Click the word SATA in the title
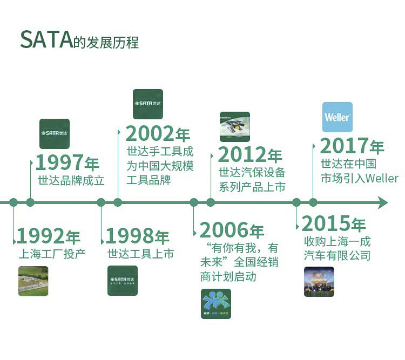click(x=46, y=40)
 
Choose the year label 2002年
click(x=158, y=134)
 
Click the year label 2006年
click(x=232, y=230)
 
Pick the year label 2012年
click(x=250, y=155)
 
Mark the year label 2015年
click(x=334, y=224)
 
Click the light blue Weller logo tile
click(x=337, y=117)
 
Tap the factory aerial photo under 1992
click(x=33, y=281)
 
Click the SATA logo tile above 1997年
click(x=55, y=133)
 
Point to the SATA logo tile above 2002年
click(x=148, y=104)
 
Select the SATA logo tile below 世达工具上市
click(x=123, y=281)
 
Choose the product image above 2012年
click(x=235, y=127)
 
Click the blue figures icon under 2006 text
click(x=216, y=303)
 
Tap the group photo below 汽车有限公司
click(x=319, y=282)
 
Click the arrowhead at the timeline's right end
click(x=382, y=202)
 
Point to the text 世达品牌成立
click(x=71, y=181)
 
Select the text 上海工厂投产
click(x=52, y=254)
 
